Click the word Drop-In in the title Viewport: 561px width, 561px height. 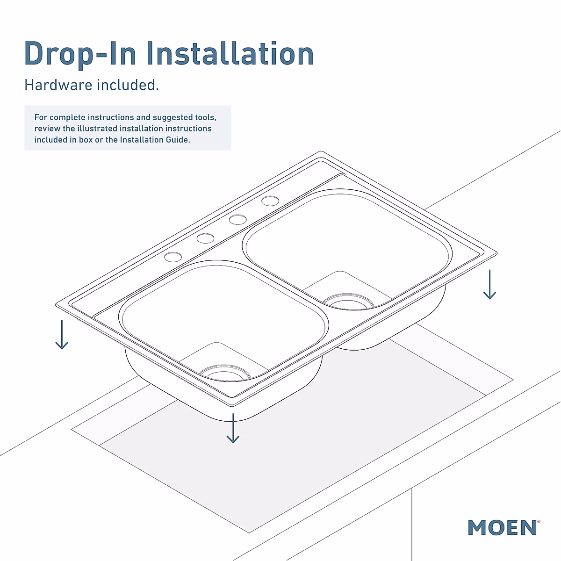(80, 54)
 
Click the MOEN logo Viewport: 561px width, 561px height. (502, 528)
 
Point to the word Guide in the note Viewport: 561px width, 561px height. (178, 140)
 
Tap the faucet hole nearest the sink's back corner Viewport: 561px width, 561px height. (270, 201)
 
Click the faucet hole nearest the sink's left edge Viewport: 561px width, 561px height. (173, 257)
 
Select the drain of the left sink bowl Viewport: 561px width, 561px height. (226, 372)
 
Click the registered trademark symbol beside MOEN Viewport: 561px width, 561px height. (539, 520)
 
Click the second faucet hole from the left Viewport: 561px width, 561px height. (205, 238)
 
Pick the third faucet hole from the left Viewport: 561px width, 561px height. (238, 219)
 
